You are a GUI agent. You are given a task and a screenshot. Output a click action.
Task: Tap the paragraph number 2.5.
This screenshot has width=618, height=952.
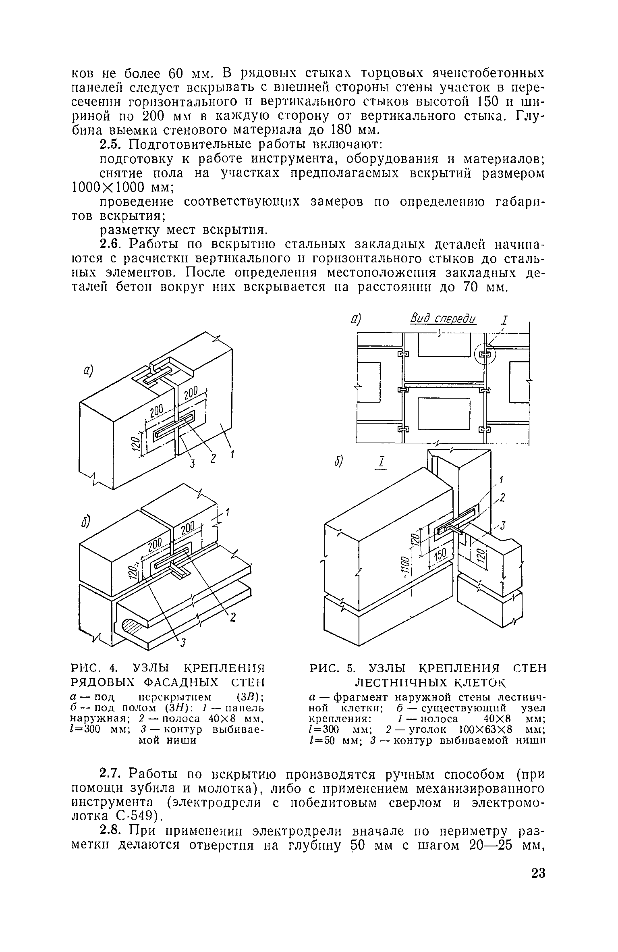(x=110, y=144)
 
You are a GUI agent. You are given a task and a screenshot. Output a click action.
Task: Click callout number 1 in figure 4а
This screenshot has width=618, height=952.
(x=232, y=455)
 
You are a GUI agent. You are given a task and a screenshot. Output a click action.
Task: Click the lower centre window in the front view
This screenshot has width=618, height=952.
(x=444, y=414)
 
